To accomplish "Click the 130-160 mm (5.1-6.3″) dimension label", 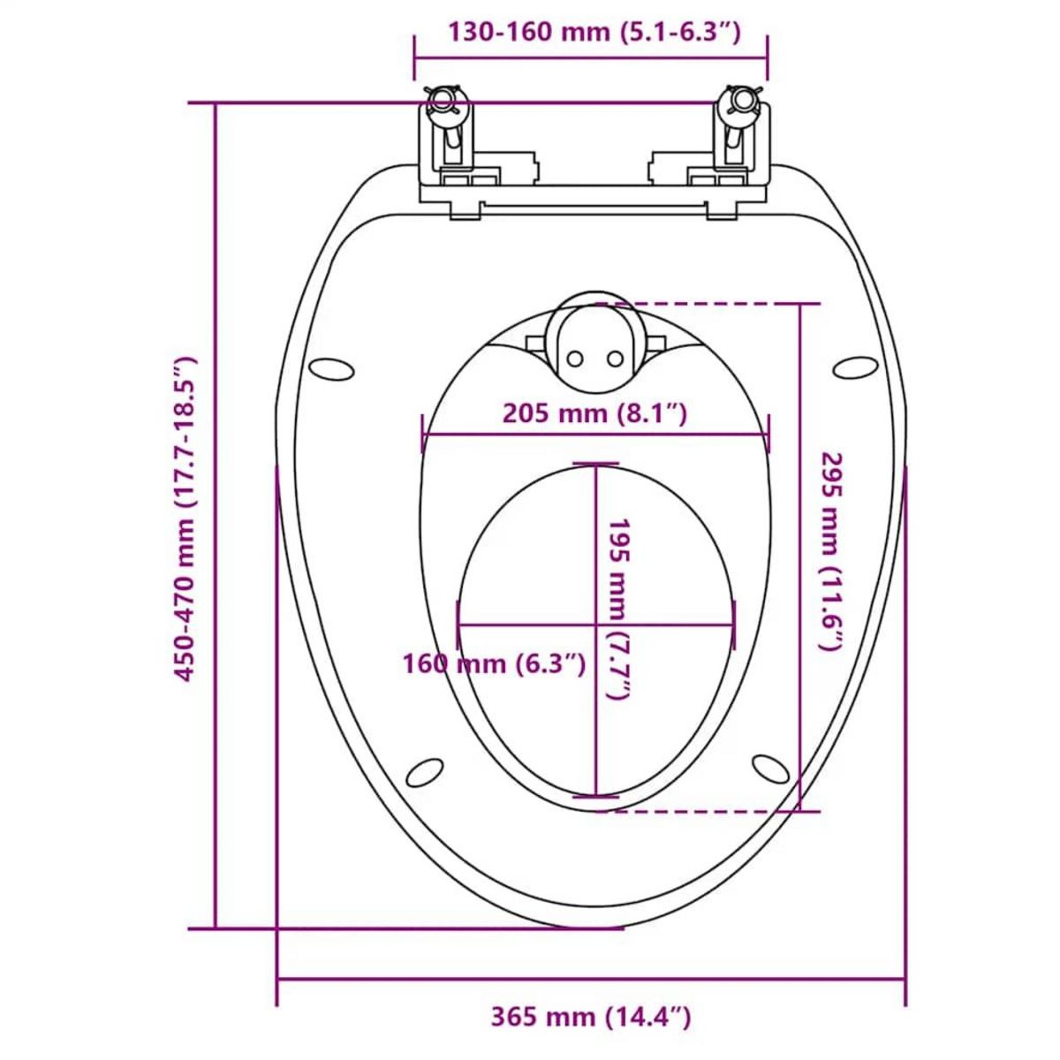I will pyautogui.click(x=592, y=33).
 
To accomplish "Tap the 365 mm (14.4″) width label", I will pyautogui.click(x=591, y=1017).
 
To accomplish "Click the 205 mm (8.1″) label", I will pyautogui.click(x=594, y=413).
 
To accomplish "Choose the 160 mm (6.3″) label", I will pyautogui.click(x=495, y=663).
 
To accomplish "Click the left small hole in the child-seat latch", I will pyautogui.click(x=575, y=358).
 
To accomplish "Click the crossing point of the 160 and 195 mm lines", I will pyautogui.click(x=596, y=626).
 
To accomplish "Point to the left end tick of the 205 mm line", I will pyautogui.click(x=422, y=434).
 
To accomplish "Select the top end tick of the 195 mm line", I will pyautogui.click(x=595, y=463).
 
